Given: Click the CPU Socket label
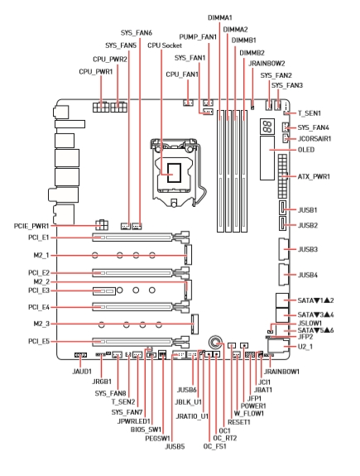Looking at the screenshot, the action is coord(165,46).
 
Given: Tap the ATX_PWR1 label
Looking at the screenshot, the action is coord(314,176).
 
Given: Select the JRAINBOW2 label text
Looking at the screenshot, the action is coord(266,64).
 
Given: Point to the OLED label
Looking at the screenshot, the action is coord(306,150).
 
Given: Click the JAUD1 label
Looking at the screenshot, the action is coord(82,371).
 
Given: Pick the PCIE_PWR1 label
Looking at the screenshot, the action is coord(31,226).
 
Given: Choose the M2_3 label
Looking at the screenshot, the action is coord(41,324).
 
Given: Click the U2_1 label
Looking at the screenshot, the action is coord(305,347).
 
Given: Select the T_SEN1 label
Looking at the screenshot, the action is coord(309,113).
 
